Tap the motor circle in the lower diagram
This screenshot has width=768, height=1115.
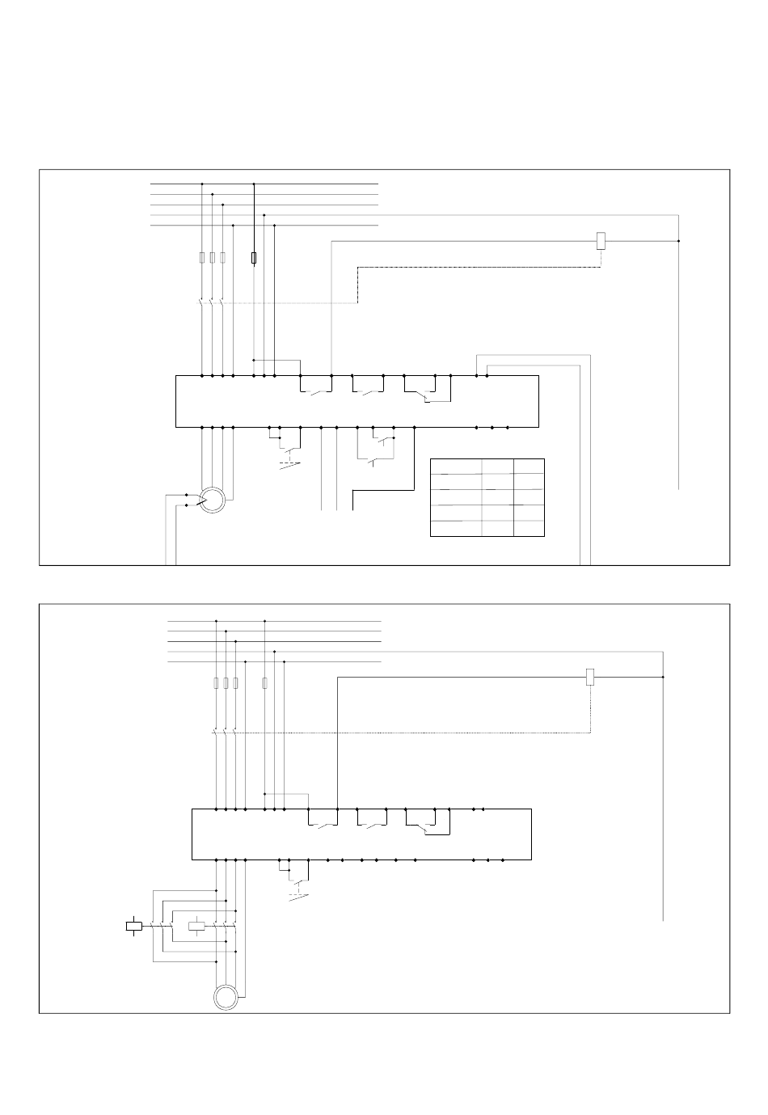pos(226,997)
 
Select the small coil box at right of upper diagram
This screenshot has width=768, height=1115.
pos(601,240)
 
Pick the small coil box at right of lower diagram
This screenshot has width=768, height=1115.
pos(590,678)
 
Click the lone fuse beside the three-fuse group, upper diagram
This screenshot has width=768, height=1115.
pos(255,258)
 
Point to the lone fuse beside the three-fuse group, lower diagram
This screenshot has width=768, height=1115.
pos(265,683)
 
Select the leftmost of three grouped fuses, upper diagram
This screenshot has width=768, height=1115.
pos(202,258)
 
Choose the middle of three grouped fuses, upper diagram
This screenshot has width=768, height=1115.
pos(212,258)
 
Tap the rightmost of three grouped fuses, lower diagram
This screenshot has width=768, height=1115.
pos(235,683)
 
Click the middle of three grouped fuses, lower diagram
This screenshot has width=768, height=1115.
pos(226,683)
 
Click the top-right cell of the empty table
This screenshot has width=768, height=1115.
pos(529,467)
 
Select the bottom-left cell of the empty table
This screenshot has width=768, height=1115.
pos(456,528)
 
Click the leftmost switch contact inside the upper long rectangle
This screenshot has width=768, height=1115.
pos(316,393)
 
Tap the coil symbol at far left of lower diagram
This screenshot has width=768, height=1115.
pos(134,927)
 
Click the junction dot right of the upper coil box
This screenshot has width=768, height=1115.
pos(678,240)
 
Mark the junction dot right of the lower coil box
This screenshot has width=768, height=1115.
pos(663,677)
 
